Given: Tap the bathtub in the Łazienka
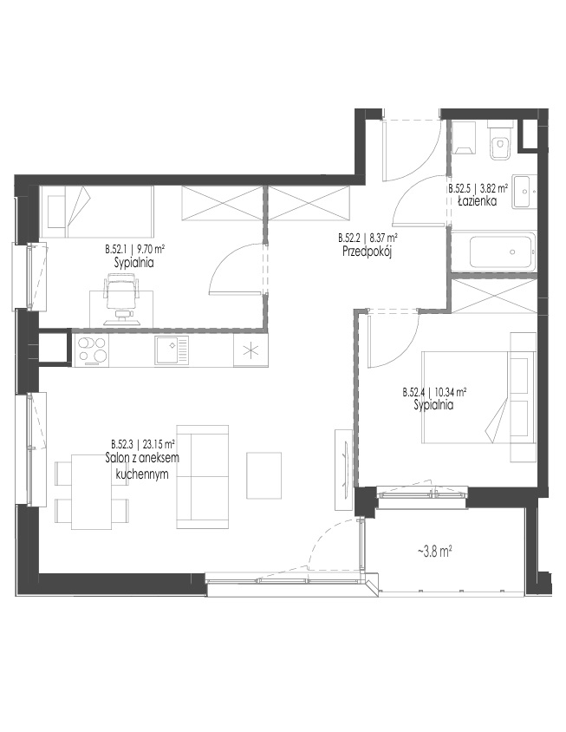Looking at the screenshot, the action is point(501,252).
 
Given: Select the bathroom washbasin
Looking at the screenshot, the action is point(524,192).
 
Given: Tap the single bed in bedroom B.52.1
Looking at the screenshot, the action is point(97,212).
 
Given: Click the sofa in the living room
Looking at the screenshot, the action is point(203,477).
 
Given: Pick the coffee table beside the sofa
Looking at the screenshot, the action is point(264,475).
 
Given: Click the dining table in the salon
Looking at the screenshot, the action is point(92,492).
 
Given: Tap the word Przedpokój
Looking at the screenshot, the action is point(367,252).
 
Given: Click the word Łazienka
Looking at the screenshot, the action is point(477,202).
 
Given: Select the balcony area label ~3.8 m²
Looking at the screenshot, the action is point(434,552).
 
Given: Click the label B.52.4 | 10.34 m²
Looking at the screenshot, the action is point(435,393).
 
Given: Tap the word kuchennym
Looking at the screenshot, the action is point(142,474).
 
